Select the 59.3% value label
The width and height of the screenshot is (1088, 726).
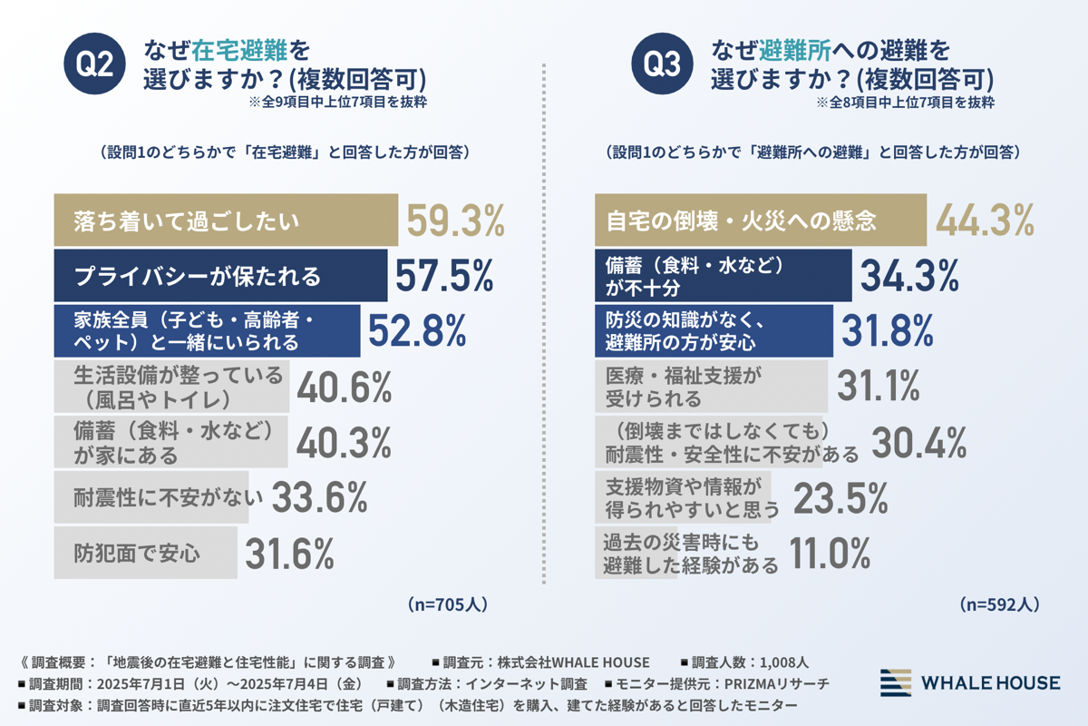pyautogui.click(x=454, y=221)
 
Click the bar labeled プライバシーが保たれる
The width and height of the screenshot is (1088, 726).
pyautogui.click(x=221, y=276)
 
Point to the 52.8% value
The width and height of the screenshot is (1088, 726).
pyautogui.click(x=416, y=331)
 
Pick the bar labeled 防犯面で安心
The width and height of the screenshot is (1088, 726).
pyautogui.click(x=145, y=553)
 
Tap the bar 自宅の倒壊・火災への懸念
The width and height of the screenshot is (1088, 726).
pyautogui.click(x=761, y=221)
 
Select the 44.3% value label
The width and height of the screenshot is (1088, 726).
pyautogui.click(x=985, y=221)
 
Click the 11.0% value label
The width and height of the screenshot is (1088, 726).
pyautogui.click(x=831, y=553)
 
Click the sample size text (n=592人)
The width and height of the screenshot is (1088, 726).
pyautogui.click(x=998, y=603)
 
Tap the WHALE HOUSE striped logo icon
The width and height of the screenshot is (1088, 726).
pyautogui.click(x=896, y=682)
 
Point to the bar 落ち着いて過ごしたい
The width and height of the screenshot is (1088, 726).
pyautogui.click(x=226, y=221)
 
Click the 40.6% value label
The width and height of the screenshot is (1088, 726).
pyautogui.click(x=344, y=387)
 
